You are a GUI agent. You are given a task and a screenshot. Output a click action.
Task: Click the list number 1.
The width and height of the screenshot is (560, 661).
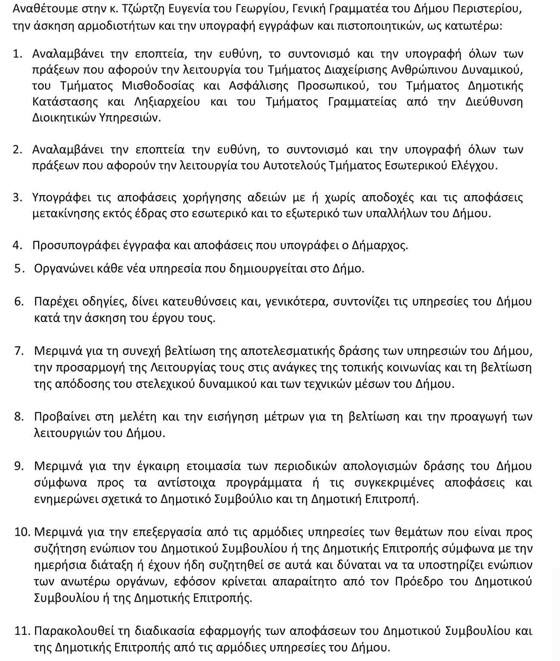[x=17, y=54]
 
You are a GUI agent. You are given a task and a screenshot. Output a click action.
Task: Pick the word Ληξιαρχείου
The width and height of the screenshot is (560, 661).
[x=167, y=102]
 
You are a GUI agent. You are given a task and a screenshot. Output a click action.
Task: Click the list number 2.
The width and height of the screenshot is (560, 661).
[x=17, y=150]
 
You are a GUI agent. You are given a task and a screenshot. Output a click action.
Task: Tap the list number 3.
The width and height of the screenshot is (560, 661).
[x=17, y=197]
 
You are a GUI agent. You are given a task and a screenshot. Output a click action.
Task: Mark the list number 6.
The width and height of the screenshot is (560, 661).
[x=19, y=301]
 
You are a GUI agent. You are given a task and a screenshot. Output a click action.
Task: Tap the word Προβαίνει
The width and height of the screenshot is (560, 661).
[x=62, y=417]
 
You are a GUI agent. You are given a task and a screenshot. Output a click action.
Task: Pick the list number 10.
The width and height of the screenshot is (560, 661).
[x=22, y=532]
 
